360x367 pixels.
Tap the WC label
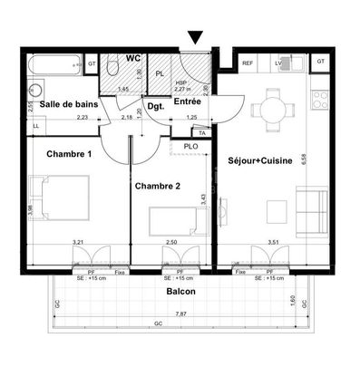point(132,57)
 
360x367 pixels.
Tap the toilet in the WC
point(110,67)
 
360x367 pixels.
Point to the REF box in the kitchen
point(248,63)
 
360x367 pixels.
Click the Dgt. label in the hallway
point(156,106)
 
